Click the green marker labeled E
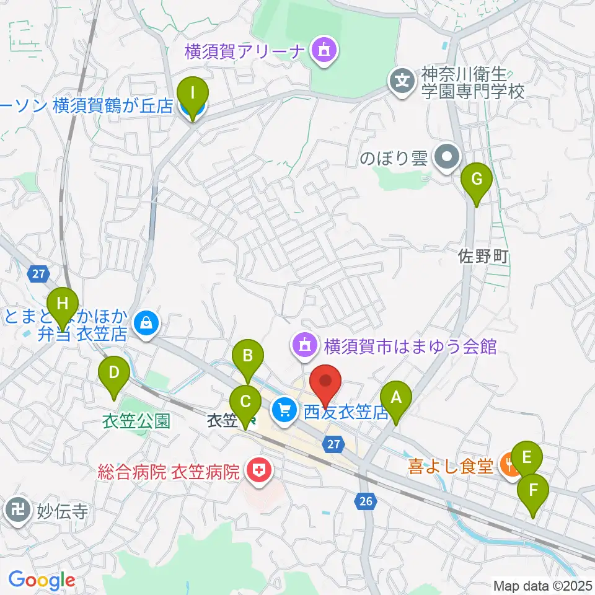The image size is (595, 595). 527,458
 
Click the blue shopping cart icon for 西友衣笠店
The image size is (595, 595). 285,409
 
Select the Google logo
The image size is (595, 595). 42,580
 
